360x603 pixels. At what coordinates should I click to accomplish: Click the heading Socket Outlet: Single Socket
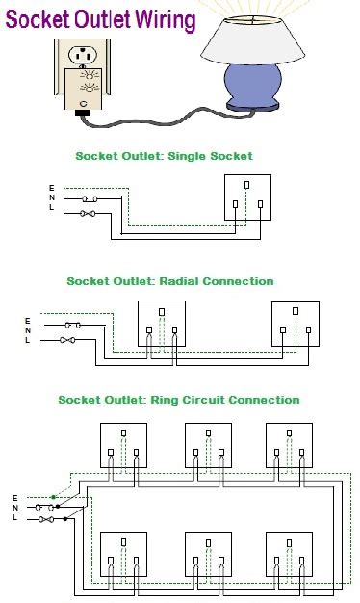click(164, 155)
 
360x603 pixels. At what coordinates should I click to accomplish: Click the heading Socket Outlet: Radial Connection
click(170, 281)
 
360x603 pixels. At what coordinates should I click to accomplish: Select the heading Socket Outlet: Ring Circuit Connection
click(178, 400)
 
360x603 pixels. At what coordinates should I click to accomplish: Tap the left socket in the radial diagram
click(161, 325)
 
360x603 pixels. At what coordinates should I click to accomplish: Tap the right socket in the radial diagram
click(295, 325)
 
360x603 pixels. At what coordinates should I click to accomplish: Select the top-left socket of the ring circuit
click(125, 445)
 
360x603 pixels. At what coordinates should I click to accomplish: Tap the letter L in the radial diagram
click(28, 340)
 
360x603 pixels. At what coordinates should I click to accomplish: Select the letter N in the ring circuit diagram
click(15, 508)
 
